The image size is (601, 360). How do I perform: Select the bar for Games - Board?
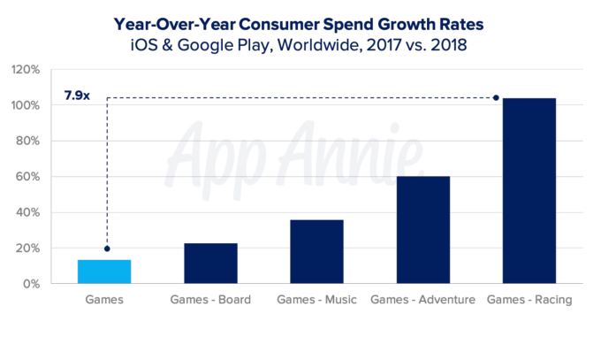tap(210, 264)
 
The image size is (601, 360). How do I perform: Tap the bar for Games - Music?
tap(316, 252)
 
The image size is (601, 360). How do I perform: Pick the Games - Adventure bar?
tap(423, 230)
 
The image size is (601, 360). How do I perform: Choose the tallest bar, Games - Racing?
tap(529, 191)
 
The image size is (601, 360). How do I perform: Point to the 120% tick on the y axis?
tap(26, 70)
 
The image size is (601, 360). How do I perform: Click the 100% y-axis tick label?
tap(26, 106)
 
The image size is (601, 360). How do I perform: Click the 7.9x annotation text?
tap(77, 96)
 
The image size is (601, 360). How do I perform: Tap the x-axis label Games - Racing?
tap(529, 300)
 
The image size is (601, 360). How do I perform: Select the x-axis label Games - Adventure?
tap(423, 300)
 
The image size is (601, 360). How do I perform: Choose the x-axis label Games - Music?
tap(316, 300)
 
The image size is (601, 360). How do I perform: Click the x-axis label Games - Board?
tap(210, 300)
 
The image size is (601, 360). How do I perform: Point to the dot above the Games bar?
tap(108, 249)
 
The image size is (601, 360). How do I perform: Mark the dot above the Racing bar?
tap(496, 97)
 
